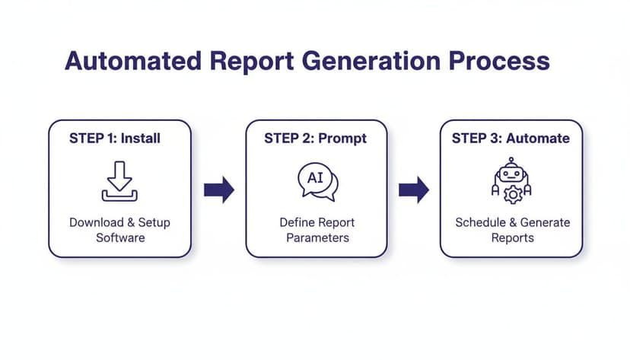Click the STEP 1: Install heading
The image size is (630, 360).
[115, 139]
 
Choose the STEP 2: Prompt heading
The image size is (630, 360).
[315, 139]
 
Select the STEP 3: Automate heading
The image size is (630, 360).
[510, 139]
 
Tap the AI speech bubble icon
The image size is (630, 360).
[317, 183]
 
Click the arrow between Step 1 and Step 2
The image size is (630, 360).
[218, 190]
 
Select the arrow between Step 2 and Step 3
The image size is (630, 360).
[413, 190]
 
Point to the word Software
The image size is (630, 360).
[120, 237]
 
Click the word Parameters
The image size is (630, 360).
[317, 237]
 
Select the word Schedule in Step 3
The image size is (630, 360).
[481, 223]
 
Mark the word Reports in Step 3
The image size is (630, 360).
[512, 237]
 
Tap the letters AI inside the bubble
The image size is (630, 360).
[314, 178]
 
